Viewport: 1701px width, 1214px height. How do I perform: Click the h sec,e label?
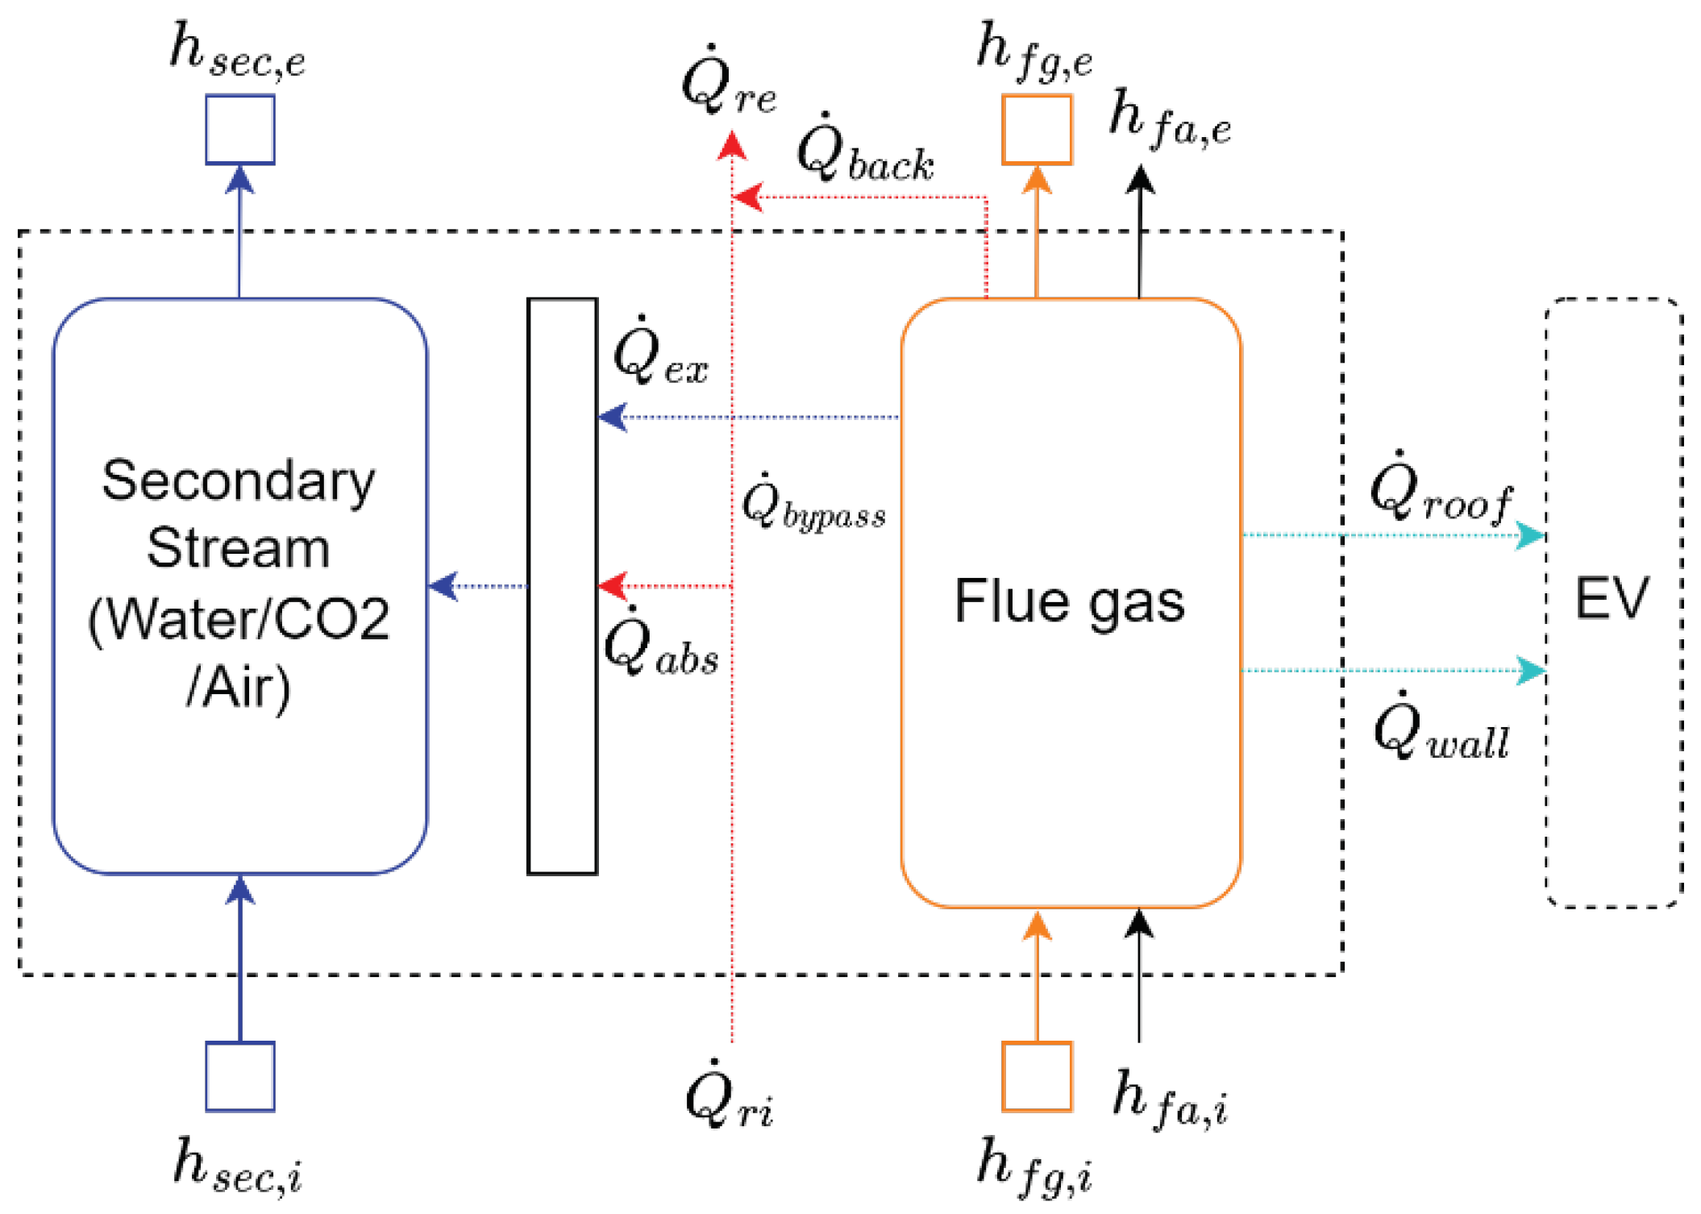click(x=237, y=52)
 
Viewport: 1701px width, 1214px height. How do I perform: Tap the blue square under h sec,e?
click(x=239, y=129)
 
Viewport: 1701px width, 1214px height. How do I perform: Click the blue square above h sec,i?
click(x=239, y=1076)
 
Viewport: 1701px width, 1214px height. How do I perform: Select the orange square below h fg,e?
click(x=1036, y=129)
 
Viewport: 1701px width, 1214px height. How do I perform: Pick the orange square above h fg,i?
click(x=1036, y=1076)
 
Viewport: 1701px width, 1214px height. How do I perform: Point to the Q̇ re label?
click(x=728, y=85)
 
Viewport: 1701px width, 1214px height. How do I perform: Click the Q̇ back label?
click(x=864, y=151)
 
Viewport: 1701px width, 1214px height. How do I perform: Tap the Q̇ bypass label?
click(x=813, y=505)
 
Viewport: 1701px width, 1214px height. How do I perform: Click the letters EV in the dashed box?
click(x=1612, y=599)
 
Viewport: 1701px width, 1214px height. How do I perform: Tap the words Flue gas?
click(x=1069, y=601)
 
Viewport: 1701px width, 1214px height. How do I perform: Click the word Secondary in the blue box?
click(x=239, y=481)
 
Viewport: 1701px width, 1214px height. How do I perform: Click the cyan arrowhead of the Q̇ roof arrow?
click(x=1529, y=535)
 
